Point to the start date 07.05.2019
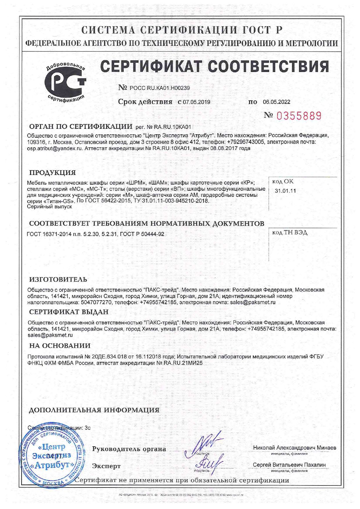coord(196,102)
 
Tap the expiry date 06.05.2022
coord(276,102)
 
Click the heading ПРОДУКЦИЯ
coord(53,173)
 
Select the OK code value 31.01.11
coord(285,191)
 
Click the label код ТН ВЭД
coord(290,233)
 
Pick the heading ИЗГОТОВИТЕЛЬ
coord(58,279)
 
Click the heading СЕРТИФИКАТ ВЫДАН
coord(69,312)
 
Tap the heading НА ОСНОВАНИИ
coord(60,346)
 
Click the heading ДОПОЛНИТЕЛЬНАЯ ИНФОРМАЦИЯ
coord(94,410)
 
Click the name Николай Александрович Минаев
coord(295,448)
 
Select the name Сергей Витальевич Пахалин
coord(289,465)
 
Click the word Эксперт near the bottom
coord(106,466)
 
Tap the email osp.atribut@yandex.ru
coord(55,148)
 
